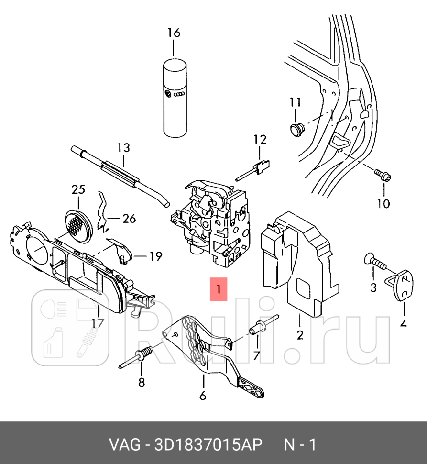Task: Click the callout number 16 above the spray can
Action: click(x=174, y=33)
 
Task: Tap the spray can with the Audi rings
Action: click(x=175, y=98)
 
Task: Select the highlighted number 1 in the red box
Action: click(x=219, y=289)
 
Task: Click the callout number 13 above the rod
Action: click(x=123, y=148)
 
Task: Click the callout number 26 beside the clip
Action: click(x=129, y=219)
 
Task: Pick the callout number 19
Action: click(x=155, y=256)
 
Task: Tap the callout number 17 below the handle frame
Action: click(x=98, y=323)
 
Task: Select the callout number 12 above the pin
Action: click(x=260, y=140)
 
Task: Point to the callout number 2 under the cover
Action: click(x=300, y=335)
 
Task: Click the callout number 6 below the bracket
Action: click(x=202, y=396)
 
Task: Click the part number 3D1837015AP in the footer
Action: click(x=208, y=444)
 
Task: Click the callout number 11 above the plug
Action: click(x=295, y=102)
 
